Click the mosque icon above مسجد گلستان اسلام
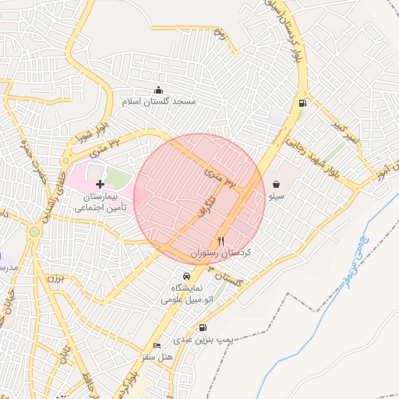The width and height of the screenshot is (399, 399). pos(159,90)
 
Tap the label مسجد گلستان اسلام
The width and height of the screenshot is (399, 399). pos(159,102)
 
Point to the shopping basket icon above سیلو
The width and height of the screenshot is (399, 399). pos(277,185)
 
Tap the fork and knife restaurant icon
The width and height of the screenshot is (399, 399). pos(221,242)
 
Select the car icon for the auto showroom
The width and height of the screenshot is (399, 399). pos(186,277)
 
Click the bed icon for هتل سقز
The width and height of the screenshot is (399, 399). pos(157,345)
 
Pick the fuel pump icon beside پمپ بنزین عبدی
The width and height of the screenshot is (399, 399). pos(203,328)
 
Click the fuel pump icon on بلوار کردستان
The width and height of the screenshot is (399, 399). pos(302,103)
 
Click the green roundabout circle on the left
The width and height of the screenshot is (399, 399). pos(34,231)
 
